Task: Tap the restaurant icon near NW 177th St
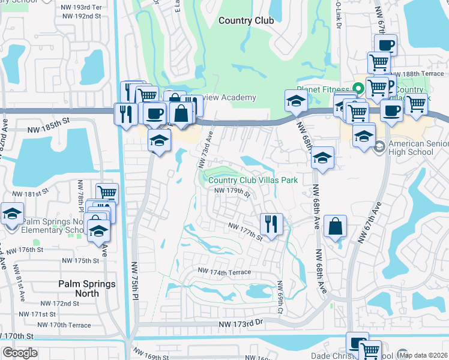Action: pyautogui.click(x=271, y=224)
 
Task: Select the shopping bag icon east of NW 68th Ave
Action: pyautogui.click(x=336, y=227)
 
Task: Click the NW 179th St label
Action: pyautogui.click(x=232, y=191)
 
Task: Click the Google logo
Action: pyautogui.click(x=20, y=352)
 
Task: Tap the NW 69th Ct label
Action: pyautogui.click(x=280, y=298)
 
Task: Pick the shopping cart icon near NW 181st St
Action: pyautogui.click(x=107, y=193)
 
